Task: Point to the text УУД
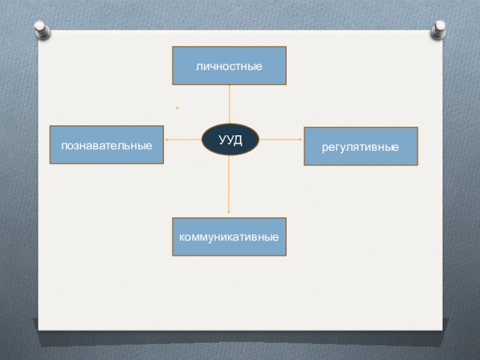230,139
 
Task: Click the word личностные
229,65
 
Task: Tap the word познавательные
106,145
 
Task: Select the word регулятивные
361,146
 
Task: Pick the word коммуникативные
229,237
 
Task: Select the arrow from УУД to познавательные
183,139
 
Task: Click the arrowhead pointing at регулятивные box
301,139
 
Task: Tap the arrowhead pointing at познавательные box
166,139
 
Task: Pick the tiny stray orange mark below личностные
178,108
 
